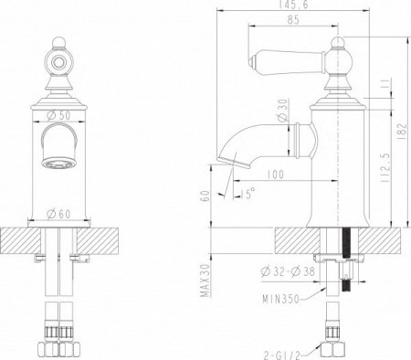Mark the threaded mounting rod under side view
348,265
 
